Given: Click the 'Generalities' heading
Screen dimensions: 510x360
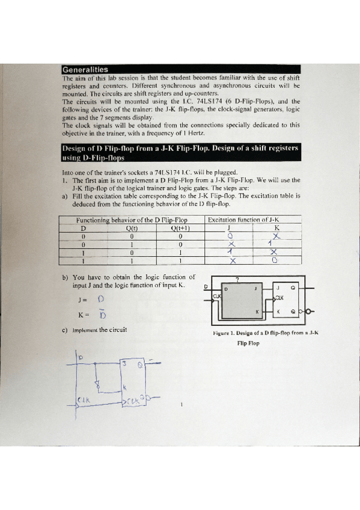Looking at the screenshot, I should tap(85, 69).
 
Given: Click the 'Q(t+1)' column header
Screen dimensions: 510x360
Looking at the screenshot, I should tap(180, 228).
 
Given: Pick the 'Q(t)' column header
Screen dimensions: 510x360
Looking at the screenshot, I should tap(130, 228).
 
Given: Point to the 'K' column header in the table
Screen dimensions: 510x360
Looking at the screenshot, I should tap(276, 228).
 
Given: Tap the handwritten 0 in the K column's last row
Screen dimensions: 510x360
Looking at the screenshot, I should tap(274, 260).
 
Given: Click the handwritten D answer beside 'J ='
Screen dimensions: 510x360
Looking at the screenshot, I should tap(100, 298).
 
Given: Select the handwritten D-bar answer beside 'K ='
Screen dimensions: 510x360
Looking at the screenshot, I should tap(102, 315).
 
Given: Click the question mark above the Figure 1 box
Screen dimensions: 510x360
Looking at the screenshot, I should tap(237, 280).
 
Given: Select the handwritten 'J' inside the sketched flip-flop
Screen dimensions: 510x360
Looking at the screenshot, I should tap(124, 364).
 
